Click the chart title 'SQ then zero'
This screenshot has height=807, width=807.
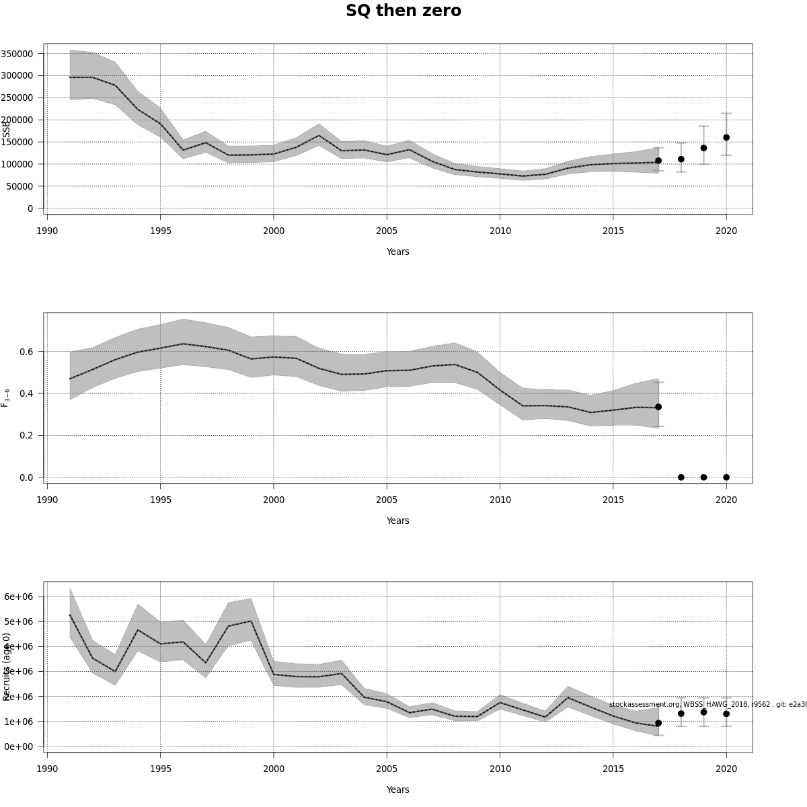pyautogui.click(x=403, y=11)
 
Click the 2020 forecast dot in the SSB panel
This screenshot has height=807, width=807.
pyautogui.click(x=726, y=137)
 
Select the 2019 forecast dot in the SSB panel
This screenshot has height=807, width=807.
pyautogui.click(x=703, y=148)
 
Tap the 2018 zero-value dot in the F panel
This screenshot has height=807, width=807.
pyautogui.click(x=681, y=477)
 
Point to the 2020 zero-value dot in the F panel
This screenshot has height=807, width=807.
pyautogui.click(x=726, y=477)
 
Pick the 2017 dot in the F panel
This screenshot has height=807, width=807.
pyautogui.click(x=658, y=407)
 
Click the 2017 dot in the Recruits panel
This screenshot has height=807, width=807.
pyautogui.click(x=658, y=723)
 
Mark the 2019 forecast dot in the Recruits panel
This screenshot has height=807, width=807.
pyautogui.click(x=703, y=712)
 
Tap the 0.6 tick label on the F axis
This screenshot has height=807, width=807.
pyautogui.click(x=27, y=352)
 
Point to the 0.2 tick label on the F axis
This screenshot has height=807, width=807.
pyautogui.click(x=27, y=436)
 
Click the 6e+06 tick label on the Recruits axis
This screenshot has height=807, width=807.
pyautogui.click(x=18, y=597)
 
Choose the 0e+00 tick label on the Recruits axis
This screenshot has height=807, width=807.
pyautogui.click(x=18, y=746)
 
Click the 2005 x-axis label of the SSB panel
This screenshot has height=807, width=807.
pyautogui.click(x=387, y=231)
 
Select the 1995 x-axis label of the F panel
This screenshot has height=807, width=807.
pyautogui.click(x=160, y=500)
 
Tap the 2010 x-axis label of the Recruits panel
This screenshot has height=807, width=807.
pyautogui.click(x=500, y=769)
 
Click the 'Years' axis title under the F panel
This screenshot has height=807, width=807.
pyautogui.click(x=397, y=521)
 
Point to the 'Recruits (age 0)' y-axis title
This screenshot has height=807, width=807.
pyautogui.click(x=7, y=666)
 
